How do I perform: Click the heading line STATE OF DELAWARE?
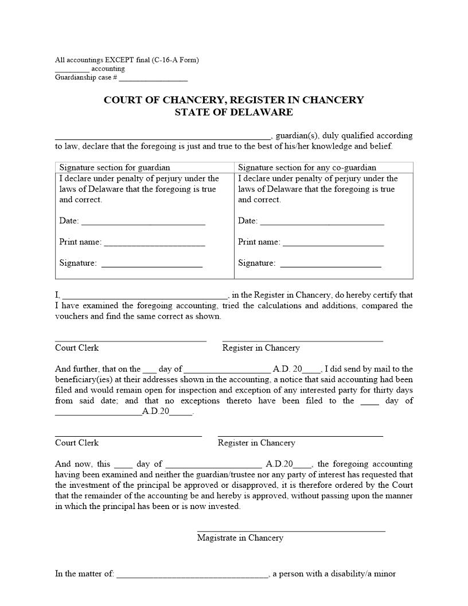233,112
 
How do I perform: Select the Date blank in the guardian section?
143,222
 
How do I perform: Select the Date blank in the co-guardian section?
322,222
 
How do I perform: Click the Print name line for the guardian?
154,243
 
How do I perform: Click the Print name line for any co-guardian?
333,243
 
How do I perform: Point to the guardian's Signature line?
151,265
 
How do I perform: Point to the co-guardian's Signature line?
330,265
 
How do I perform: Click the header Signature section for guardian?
115,168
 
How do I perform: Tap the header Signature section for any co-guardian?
307,168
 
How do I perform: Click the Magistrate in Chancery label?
240,538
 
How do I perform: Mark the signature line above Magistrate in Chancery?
291,530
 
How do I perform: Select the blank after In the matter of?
192,574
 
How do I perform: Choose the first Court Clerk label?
77,348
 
